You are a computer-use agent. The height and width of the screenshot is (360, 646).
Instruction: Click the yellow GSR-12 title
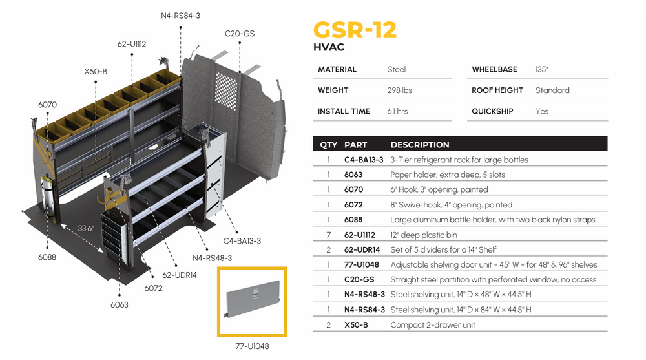(x=355, y=30)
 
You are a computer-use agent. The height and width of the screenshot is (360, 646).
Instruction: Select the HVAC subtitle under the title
(x=328, y=47)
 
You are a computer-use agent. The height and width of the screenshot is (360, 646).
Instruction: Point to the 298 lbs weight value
(x=399, y=90)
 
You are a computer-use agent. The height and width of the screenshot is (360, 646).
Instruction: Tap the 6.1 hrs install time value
(x=397, y=111)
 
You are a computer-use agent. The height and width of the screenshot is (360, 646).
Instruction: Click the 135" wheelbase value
(x=541, y=69)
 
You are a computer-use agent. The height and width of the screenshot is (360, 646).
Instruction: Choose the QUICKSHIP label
(x=492, y=111)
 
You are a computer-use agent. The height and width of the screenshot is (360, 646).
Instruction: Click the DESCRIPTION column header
(x=420, y=145)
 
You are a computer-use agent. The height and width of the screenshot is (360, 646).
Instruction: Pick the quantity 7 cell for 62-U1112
(x=328, y=235)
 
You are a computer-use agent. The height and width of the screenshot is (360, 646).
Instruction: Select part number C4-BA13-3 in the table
(x=364, y=160)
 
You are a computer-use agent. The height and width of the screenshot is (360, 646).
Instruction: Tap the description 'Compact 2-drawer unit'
(x=433, y=325)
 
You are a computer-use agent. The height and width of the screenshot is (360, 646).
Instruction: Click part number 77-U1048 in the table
(x=361, y=265)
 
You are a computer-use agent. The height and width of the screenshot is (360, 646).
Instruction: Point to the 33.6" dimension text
(x=86, y=228)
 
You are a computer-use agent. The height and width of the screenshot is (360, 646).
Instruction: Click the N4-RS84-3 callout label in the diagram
(x=180, y=16)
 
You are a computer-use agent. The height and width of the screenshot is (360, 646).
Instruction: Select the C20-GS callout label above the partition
(x=240, y=34)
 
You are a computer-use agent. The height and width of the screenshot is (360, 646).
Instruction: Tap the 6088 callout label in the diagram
(x=47, y=257)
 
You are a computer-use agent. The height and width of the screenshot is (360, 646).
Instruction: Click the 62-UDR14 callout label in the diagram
(x=180, y=275)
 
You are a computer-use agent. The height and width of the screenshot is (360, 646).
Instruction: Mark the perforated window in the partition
(x=227, y=91)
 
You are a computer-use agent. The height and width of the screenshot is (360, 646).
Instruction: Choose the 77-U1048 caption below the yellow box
(x=252, y=346)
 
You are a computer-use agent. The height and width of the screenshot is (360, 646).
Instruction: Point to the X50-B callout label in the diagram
(x=96, y=71)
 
